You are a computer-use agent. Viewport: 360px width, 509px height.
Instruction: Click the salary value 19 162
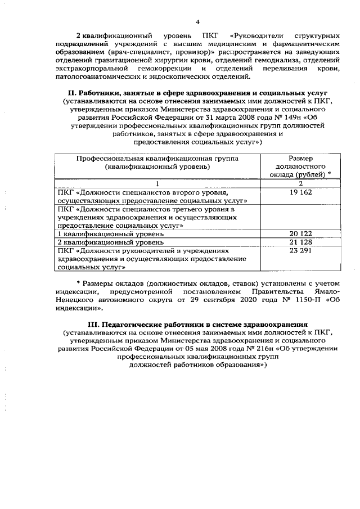click(300, 192)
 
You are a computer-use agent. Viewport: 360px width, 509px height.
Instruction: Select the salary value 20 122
click(300, 233)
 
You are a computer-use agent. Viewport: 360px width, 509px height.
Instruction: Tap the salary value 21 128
click(300, 242)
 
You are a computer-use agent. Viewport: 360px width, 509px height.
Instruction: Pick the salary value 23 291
click(300, 250)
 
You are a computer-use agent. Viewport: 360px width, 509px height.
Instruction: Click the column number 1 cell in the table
click(157, 184)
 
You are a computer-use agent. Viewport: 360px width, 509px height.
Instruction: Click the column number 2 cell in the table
click(300, 184)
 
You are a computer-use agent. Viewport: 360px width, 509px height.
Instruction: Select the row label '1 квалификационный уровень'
click(111, 233)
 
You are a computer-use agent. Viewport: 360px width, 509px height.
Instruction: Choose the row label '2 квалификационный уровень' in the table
click(111, 242)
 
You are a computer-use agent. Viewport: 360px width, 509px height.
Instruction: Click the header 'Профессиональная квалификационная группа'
click(157, 159)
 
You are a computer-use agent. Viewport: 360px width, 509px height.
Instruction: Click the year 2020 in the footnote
click(235, 300)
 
